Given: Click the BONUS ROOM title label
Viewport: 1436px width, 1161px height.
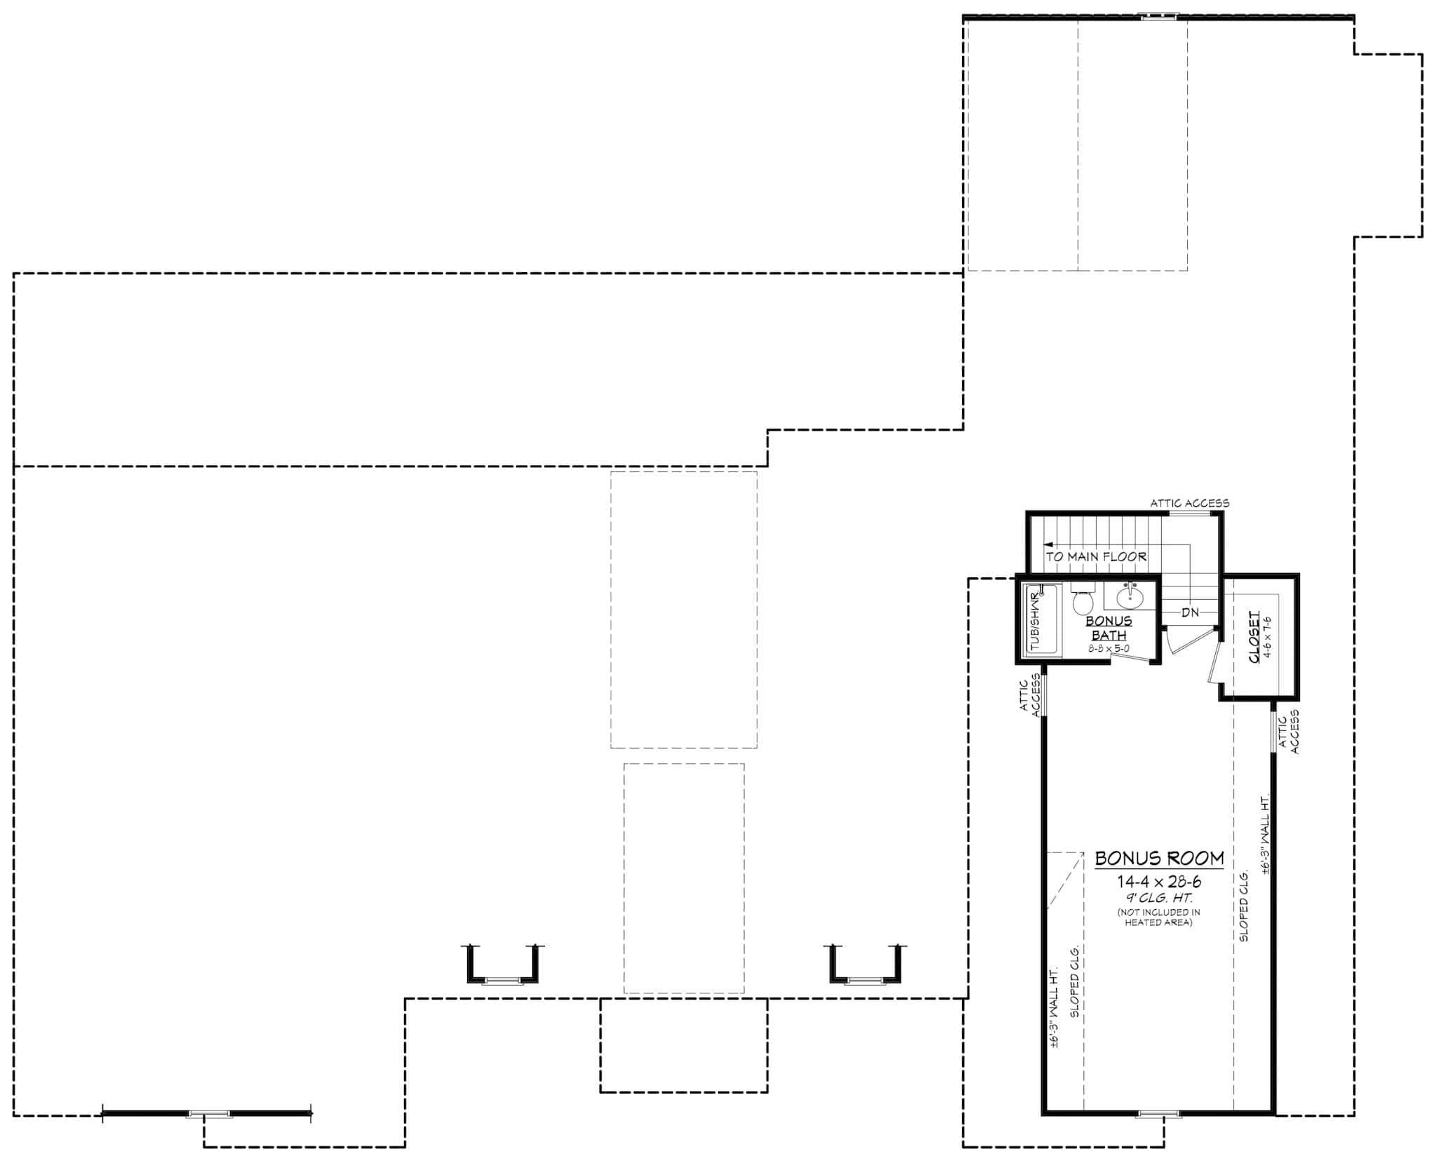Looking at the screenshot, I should (x=1159, y=859).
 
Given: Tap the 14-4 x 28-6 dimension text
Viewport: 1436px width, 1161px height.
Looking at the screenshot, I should (x=1159, y=882).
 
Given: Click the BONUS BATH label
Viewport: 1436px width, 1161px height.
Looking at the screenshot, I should (x=1109, y=628).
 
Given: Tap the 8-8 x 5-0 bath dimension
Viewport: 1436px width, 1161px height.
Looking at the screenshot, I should (x=1109, y=649).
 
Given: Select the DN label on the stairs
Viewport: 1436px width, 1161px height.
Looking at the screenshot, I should (x=1190, y=612).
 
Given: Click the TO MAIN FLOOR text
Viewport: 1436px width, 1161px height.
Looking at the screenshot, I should (x=1097, y=557).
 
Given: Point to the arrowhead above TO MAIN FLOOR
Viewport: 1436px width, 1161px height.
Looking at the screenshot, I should (x=1048, y=544).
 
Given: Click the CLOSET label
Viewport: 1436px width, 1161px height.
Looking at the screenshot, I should (x=1254, y=636).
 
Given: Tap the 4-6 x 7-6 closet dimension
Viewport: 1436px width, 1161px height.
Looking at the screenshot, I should (x=1267, y=636).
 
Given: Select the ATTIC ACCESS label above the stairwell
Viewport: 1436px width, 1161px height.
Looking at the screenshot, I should (x=1189, y=503).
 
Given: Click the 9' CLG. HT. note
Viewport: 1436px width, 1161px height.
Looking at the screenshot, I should (x=1159, y=898).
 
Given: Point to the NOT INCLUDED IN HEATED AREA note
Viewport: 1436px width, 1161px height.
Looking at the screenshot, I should (x=1158, y=917).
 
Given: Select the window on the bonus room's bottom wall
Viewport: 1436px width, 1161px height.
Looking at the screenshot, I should (x=1158, y=1113).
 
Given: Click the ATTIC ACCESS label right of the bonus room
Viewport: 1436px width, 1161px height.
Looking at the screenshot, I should (x=1289, y=732).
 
